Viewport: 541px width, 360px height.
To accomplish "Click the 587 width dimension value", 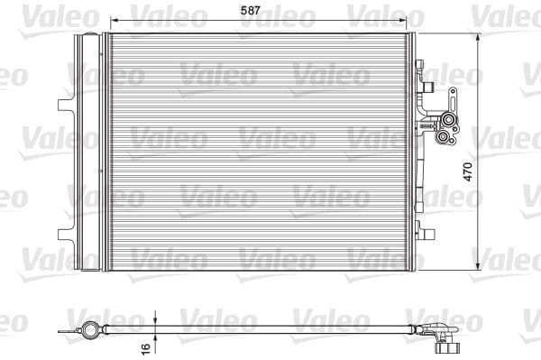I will click(x=263, y=11).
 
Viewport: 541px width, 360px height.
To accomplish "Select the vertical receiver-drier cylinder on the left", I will click(x=87, y=153).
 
